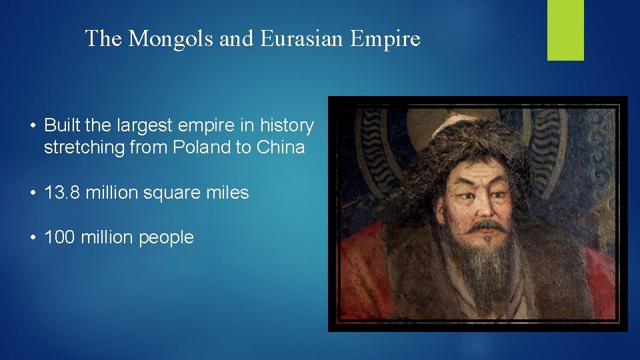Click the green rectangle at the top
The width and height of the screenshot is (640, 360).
tap(565, 30)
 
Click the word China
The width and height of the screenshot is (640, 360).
tap(280, 147)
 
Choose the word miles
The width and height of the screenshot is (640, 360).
tap(225, 193)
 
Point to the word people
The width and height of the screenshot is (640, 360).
tap(166, 237)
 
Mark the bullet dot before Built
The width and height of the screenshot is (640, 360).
tap(32, 126)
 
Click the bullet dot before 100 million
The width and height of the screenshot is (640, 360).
tap(32, 238)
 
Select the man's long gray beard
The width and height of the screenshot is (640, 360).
tap(485, 273)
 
